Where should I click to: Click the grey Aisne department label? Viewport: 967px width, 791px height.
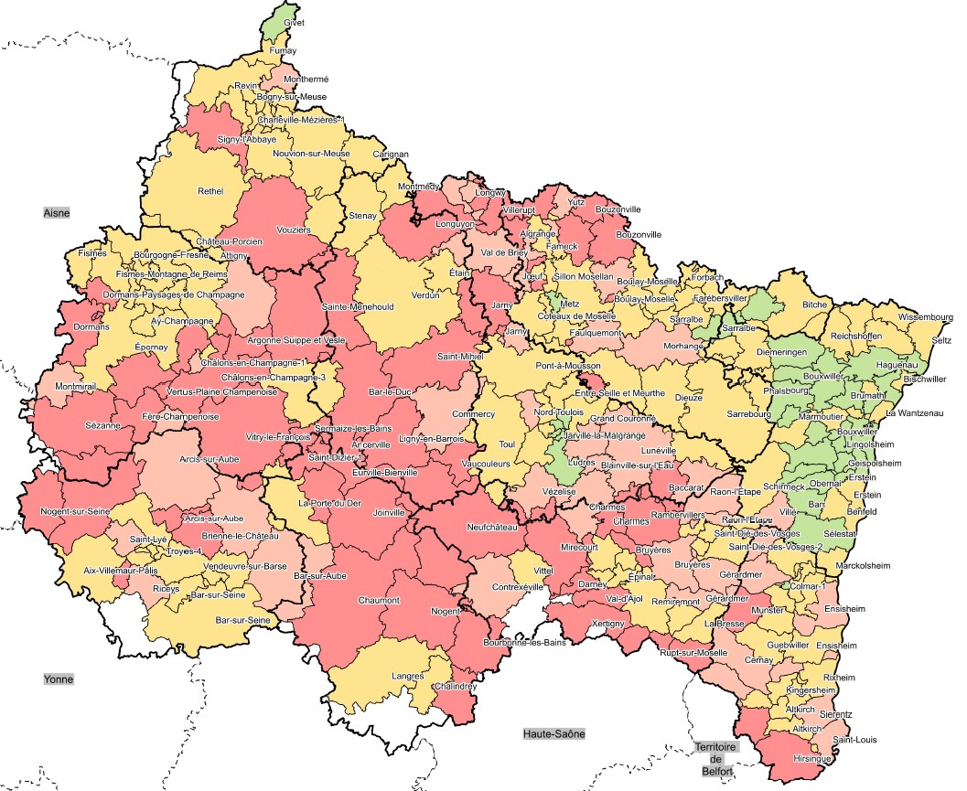pos(57,212)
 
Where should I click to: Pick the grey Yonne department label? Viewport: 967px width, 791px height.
pos(58,679)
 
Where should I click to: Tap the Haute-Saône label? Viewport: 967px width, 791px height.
pos(554,733)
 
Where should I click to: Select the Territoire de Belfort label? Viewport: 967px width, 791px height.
pos(717,759)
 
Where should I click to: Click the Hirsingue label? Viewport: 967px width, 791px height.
pos(814,759)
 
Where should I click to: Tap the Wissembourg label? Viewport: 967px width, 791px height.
pos(926,317)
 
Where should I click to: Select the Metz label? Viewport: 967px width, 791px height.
pos(570,304)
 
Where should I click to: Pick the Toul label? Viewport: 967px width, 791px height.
pos(507,444)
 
